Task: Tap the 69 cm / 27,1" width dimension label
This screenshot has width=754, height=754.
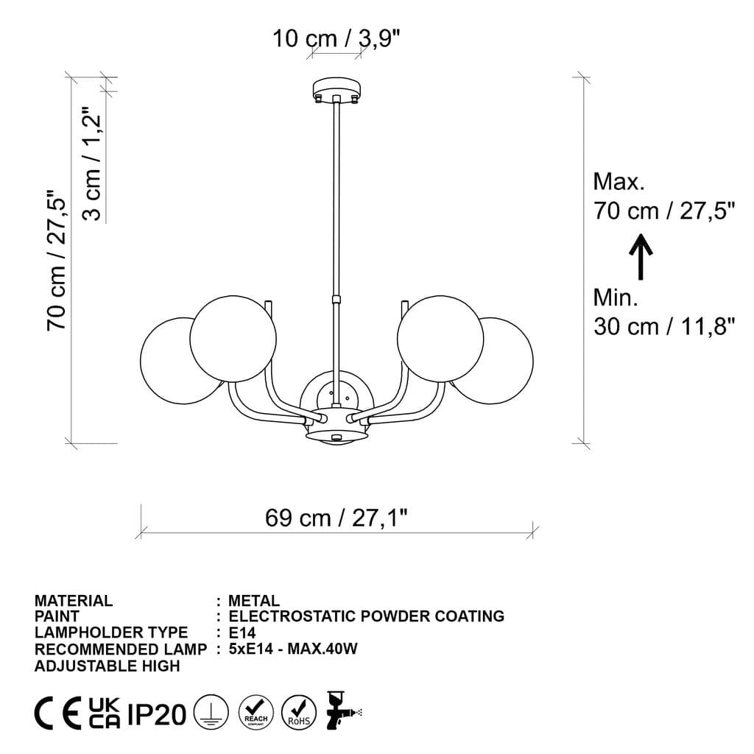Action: (x=337, y=518)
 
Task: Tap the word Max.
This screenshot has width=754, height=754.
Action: (x=619, y=181)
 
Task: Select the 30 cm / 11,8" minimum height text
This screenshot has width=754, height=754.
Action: (x=664, y=325)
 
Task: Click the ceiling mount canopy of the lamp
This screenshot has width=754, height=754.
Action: (x=337, y=90)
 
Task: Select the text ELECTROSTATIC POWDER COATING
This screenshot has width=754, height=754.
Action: (x=367, y=616)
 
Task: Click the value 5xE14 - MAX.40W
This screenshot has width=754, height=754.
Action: (x=293, y=649)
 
